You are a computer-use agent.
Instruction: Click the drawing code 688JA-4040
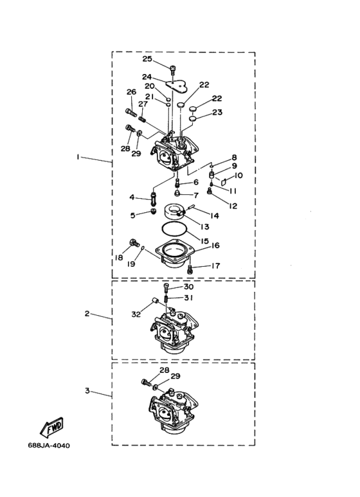(x=49, y=446)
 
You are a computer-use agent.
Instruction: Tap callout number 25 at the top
(x=147, y=59)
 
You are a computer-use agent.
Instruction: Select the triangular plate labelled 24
(x=177, y=85)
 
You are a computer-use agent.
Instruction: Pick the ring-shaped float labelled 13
(x=174, y=212)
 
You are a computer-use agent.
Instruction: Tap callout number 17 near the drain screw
(x=215, y=266)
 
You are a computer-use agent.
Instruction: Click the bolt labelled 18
(x=134, y=243)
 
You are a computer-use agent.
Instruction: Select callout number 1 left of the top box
(x=78, y=157)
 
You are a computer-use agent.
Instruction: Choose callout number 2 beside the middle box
(x=87, y=314)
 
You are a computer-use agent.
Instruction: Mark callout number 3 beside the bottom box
(x=87, y=390)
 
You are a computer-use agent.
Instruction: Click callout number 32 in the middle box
(x=136, y=314)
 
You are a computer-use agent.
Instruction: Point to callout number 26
(x=131, y=92)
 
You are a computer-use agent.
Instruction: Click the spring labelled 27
(x=143, y=119)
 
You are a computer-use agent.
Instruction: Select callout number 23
(x=217, y=113)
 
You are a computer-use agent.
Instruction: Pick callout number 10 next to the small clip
(x=239, y=176)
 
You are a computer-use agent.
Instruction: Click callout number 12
(x=233, y=206)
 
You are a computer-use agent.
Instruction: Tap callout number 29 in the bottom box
(x=175, y=376)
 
